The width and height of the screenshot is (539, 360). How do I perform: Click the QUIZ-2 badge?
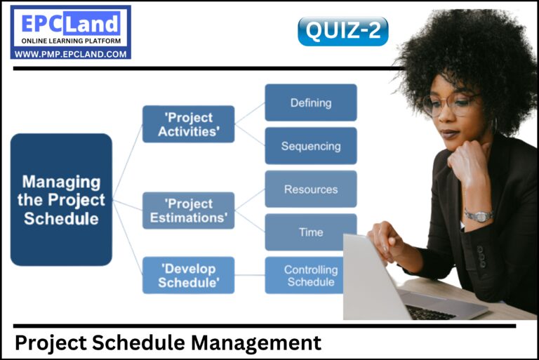(342, 32)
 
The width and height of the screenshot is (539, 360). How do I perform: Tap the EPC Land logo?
(70, 25)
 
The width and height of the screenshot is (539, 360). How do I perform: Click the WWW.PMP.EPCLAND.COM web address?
(70, 53)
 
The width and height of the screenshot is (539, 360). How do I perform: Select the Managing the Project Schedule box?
(61, 199)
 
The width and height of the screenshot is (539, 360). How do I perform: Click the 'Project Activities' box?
(188, 124)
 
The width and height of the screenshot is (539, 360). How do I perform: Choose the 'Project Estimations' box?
(188, 211)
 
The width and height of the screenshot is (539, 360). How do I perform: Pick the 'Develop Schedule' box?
(188, 275)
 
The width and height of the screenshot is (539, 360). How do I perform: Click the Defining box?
(310, 103)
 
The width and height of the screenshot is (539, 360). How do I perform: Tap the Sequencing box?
(310, 146)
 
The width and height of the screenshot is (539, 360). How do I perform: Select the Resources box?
(310, 189)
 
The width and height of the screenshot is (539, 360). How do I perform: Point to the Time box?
(310, 232)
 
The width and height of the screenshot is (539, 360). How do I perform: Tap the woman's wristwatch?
(478, 215)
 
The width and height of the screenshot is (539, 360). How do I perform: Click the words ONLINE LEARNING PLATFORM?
(70, 41)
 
